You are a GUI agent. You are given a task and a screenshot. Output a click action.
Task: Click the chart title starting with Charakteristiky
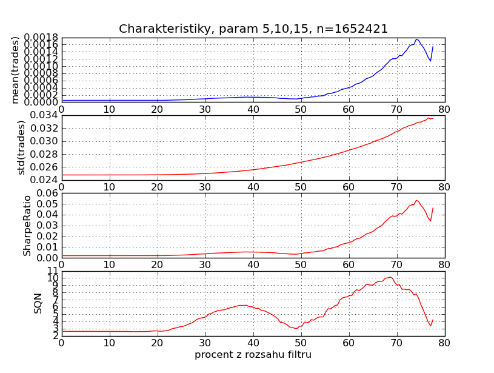[x=253, y=29]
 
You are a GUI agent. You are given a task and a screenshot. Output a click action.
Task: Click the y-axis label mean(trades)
[x=16, y=70]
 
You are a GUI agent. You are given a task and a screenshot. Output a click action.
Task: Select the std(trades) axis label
[x=21, y=147]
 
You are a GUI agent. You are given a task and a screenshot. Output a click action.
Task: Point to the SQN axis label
[x=38, y=303]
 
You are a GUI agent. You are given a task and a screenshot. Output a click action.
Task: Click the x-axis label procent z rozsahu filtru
[x=253, y=354]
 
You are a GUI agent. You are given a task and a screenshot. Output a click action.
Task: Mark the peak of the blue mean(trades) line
[x=416, y=39]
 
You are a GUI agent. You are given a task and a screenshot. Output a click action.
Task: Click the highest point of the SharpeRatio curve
[x=416, y=200]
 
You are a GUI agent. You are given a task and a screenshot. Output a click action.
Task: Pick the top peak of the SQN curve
[x=390, y=277]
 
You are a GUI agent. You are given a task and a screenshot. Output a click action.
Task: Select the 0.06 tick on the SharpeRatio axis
[x=48, y=193]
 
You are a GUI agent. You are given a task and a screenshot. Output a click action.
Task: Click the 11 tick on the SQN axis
[x=53, y=271]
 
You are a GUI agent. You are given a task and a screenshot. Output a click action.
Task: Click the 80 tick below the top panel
[x=444, y=109]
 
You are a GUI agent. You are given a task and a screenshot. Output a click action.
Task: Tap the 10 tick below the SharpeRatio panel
[x=109, y=264]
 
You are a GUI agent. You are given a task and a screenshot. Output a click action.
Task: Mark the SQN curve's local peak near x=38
[x=242, y=305]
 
